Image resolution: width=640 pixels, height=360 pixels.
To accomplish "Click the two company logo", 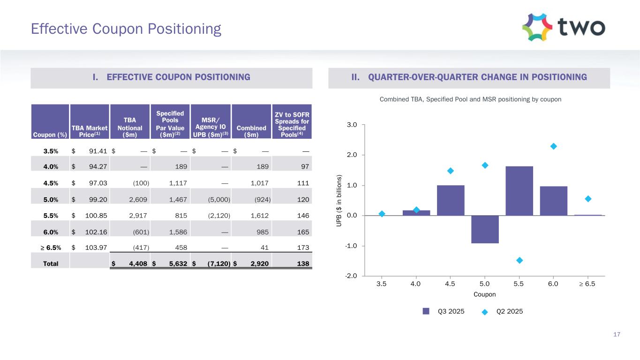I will tap(564, 27).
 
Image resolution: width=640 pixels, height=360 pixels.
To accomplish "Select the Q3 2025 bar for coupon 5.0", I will tap(485, 229).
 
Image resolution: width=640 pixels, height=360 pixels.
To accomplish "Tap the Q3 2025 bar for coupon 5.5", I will tap(519, 191).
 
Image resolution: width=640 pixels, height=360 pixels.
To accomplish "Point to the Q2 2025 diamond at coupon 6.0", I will tap(553, 146).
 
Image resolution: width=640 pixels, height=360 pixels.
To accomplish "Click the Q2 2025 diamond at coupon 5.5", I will tap(520, 260).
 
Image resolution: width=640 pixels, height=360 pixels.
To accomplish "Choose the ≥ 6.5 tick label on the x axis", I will tap(587, 284).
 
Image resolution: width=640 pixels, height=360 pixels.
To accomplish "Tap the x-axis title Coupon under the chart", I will tap(484, 294).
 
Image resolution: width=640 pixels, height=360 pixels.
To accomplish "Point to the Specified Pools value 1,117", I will tap(178, 183).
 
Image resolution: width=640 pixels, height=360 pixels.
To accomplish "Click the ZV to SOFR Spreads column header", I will tap(292, 121).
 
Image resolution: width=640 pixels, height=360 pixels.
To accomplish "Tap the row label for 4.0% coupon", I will tap(50, 167).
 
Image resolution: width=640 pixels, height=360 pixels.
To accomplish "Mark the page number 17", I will tap(617, 334).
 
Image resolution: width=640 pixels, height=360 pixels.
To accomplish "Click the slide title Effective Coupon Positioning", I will tap(126, 29).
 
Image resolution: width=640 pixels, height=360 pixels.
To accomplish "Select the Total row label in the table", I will tap(51, 263).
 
